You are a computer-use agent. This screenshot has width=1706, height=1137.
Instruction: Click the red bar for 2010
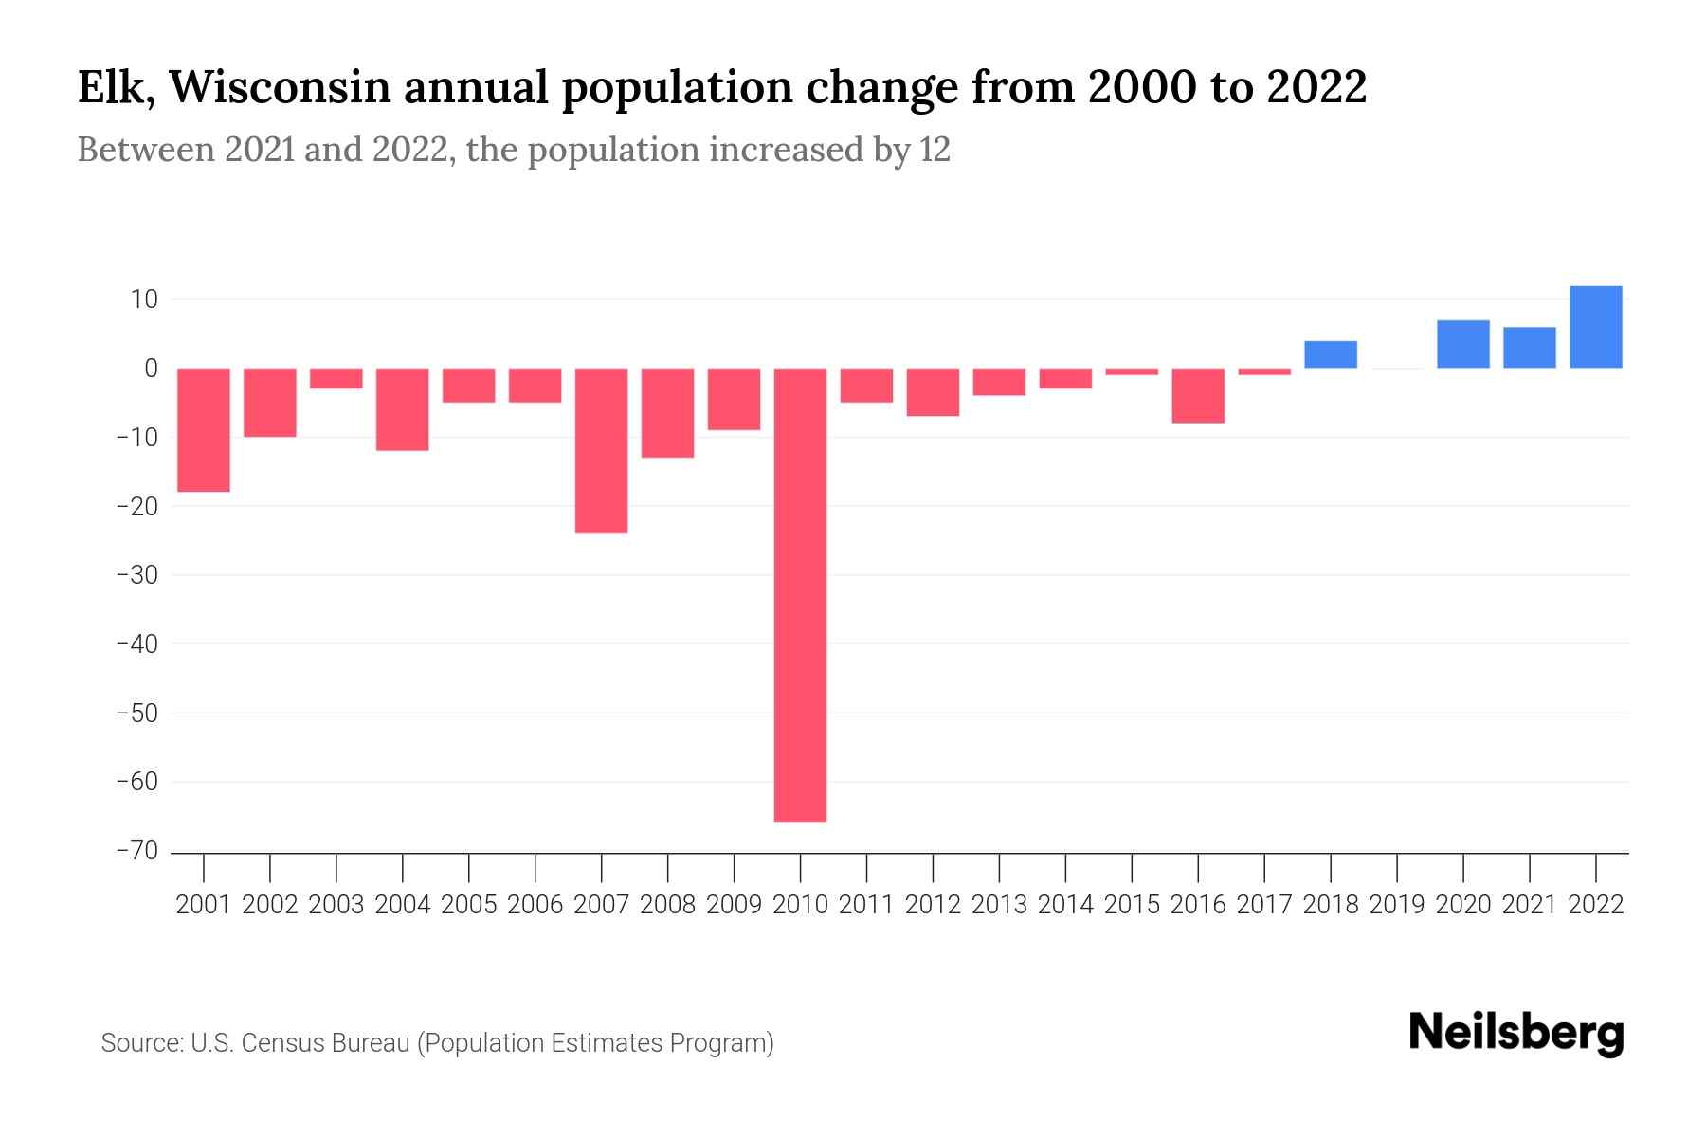pyautogui.click(x=800, y=595)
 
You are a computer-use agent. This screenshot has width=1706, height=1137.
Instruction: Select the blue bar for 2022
pyautogui.click(x=1595, y=327)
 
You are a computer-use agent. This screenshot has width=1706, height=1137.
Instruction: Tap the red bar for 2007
pyautogui.click(x=601, y=451)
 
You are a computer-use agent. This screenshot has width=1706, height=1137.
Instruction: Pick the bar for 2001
pyautogui.click(x=204, y=430)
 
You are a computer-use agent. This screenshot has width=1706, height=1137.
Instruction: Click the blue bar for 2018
pyautogui.click(x=1331, y=354)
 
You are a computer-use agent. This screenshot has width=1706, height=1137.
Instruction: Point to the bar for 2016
pyautogui.click(x=1198, y=395)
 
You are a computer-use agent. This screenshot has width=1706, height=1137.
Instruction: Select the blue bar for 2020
pyautogui.click(x=1462, y=344)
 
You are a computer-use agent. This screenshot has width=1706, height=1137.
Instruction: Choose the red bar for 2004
pyautogui.click(x=403, y=409)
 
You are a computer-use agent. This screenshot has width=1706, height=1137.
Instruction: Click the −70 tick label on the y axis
pyautogui.click(x=137, y=851)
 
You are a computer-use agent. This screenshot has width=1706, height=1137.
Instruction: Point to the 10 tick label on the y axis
pyautogui.click(x=145, y=299)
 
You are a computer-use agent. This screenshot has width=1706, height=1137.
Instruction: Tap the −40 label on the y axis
pyautogui.click(x=137, y=644)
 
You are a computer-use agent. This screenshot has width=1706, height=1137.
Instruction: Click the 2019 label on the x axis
pyautogui.click(x=1397, y=905)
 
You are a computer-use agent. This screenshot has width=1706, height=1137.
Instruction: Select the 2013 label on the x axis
pyautogui.click(x=999, y=905)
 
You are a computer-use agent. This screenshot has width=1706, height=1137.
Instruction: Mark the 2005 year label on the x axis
pyautogui.click(x=469, y=905)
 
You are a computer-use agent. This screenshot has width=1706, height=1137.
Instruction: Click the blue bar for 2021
pyautogui.click(x=1529, y=348)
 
